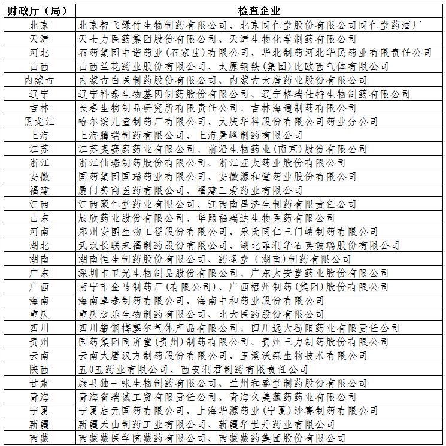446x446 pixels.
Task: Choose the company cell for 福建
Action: click(201, 190)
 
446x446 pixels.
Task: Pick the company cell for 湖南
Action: click(215, 259)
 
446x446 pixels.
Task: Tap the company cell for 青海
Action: click(225, 397)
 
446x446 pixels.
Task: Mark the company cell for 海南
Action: click(201, 301)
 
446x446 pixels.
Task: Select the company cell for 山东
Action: click(207, 218)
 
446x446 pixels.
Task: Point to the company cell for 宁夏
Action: click(227, 411)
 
